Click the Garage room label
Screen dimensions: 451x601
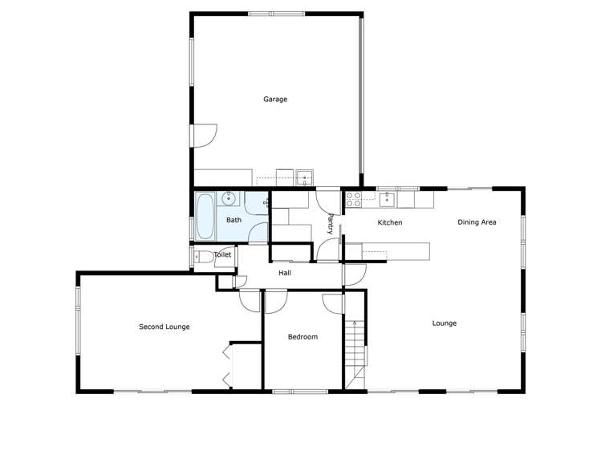(x=275, y=100)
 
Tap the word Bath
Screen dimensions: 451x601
(x=233, y=220)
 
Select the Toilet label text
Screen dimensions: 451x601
(x=222, y=255)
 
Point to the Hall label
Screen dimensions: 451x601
(x=285, y=274)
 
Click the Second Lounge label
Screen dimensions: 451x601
(x=164, y=327)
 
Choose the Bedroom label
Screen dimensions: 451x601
(x=303, y=337)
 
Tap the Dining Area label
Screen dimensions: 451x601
(x=477, y=222)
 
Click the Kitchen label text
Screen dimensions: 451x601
(x=390, y=222)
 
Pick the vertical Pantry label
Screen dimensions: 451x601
(x=330, y=223)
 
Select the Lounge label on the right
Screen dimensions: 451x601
(x=444, y=323)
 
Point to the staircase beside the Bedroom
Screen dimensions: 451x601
(x=355, y=349)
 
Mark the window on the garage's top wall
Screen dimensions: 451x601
(x=276, y=14)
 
